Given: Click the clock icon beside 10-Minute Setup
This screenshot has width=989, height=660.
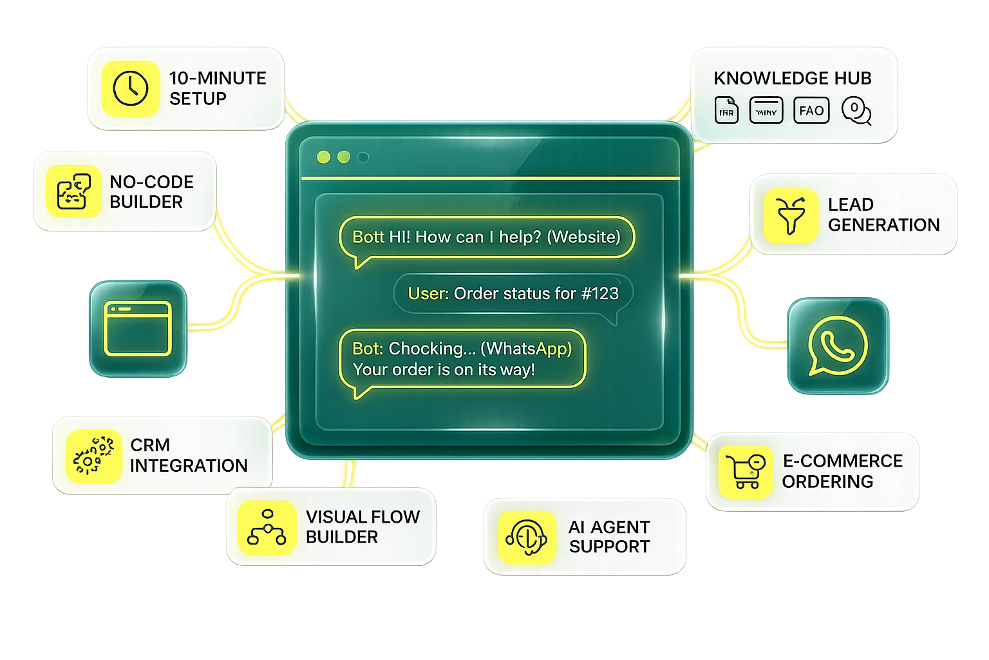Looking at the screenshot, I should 131,88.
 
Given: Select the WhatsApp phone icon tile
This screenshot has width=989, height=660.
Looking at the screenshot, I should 838,345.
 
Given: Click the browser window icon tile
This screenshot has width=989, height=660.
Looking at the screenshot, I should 138,328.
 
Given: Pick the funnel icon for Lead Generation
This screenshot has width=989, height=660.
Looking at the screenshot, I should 791,215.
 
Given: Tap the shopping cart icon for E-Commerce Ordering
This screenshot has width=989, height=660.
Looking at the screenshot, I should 745,471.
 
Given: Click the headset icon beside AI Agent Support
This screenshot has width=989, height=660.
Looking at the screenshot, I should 527,537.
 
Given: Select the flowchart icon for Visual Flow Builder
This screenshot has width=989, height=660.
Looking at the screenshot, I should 267,527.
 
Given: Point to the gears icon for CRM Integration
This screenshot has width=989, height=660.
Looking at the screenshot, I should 94,456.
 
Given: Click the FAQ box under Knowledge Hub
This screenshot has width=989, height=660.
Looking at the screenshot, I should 811,111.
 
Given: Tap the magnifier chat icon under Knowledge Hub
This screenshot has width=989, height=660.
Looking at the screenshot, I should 857,112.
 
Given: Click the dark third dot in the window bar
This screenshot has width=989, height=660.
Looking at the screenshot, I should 363,157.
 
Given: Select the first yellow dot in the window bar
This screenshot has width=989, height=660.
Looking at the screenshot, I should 324,157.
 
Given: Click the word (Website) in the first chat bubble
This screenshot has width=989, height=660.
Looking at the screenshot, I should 583,237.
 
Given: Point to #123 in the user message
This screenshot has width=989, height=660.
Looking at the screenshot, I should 599,294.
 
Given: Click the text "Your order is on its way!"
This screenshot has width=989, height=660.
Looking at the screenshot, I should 444,370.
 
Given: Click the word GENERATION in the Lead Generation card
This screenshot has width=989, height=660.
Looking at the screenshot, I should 883,225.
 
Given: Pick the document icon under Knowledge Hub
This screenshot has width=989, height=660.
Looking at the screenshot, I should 727,111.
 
